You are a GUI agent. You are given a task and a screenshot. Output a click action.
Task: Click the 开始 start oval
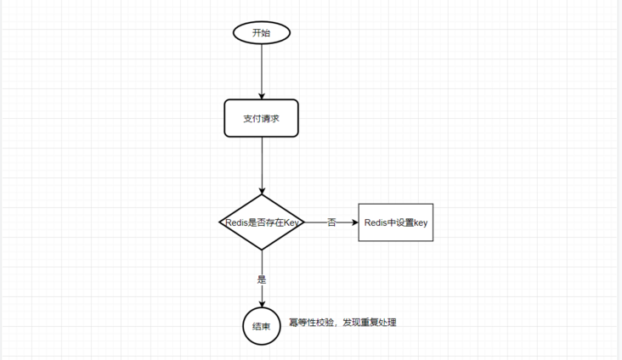pyautogui.click(x=262, y=32)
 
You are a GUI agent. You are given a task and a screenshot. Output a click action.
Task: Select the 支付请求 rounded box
pyautogui.click(x=262, y=118)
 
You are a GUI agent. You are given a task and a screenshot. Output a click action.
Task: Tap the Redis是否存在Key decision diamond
pyautogui.click(x=262, y=222)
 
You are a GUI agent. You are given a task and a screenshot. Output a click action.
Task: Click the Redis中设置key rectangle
pyautogui.click(x=396, y=222)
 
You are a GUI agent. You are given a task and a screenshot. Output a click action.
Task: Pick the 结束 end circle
pyautogui.click(x=262, y=326)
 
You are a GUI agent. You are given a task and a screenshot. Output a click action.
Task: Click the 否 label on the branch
pyautogui.click(x=331, y=222)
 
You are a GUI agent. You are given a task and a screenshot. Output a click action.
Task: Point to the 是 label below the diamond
pyautogui.click(x=262, y=279)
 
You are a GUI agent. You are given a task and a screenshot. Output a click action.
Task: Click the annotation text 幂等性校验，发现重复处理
pyautogui.click(x=342, y=323)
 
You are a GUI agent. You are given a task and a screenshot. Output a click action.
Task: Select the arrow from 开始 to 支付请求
pyautogui.click(x=262, y=71)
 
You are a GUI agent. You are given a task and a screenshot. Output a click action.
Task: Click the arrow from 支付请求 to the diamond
pyautogui.click(x=262, y=166)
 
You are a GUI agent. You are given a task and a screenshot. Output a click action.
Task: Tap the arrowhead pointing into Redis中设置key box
pyautogui.click(x=355, y=222)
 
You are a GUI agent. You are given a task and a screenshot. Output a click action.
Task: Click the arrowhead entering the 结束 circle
pyautogui.click(x=262, y=304)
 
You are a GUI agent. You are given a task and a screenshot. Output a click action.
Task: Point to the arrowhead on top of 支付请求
pyautogui.click(x=262, y=96)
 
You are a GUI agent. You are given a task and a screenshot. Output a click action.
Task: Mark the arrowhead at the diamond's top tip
pyautogui.click(x=262, y=191)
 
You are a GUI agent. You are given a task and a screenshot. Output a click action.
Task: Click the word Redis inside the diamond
pyautogui.click(x=236, y=222)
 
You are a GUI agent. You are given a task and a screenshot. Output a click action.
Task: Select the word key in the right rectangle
pyautogui.click(x=421, y=222)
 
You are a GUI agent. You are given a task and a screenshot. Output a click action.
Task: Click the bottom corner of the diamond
pyautogui.click(x=262, y=250)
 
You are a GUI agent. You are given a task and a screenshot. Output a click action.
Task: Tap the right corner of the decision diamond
pyautogui.click(x=304, y=222)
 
